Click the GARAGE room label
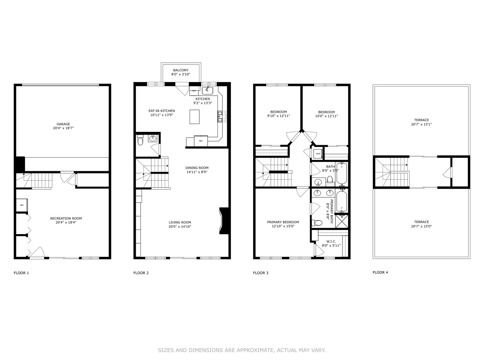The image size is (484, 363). [x=63, y=124]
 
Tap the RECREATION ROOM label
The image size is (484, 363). [x=66, y=218]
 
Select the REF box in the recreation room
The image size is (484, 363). [x=22, y=205]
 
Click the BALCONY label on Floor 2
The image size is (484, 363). [x=181, y=70]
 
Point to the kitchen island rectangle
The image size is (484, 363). [x=195, y=117]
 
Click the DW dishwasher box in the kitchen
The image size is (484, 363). [x=194, y=91]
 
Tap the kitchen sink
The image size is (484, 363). [x=208, y=90]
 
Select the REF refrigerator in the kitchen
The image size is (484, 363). [x=201, y=141]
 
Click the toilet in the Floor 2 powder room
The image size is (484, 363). [x=140, y=140]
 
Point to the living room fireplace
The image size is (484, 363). [x=224, y=221]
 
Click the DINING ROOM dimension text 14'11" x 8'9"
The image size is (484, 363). [x=197, y=172]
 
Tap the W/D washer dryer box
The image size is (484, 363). [x=318, y=154]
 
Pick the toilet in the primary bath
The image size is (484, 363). [x=317, y=223]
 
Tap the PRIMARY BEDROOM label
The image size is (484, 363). [x=283, y=222]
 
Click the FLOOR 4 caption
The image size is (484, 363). [x=380, y=273]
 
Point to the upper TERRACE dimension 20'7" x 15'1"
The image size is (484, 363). [x=421, y=124]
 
